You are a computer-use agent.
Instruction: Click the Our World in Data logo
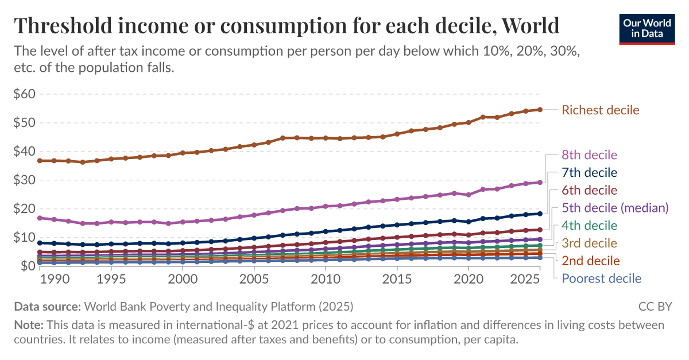coord(647,28)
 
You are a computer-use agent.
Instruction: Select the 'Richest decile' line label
coord(600,110)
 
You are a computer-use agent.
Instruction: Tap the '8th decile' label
coord(589,155)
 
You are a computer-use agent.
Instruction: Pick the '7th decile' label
coord(589,172)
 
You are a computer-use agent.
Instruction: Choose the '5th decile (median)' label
coord(615,207)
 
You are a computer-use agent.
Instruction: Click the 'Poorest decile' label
coord(601,278)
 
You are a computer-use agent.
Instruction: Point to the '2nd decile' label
coord(590,261)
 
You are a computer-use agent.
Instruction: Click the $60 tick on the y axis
coord(24,94)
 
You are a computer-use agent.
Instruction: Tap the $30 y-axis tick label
coord(24,180)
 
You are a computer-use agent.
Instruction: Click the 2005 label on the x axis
coord(254,278)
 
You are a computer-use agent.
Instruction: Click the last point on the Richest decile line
coord(540,110)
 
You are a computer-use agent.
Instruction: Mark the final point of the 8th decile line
coord(540,182)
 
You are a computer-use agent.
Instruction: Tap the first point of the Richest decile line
coord(40,161)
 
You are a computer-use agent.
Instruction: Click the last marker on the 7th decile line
coord(540,214)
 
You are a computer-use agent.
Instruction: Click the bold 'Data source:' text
coord(47,306)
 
